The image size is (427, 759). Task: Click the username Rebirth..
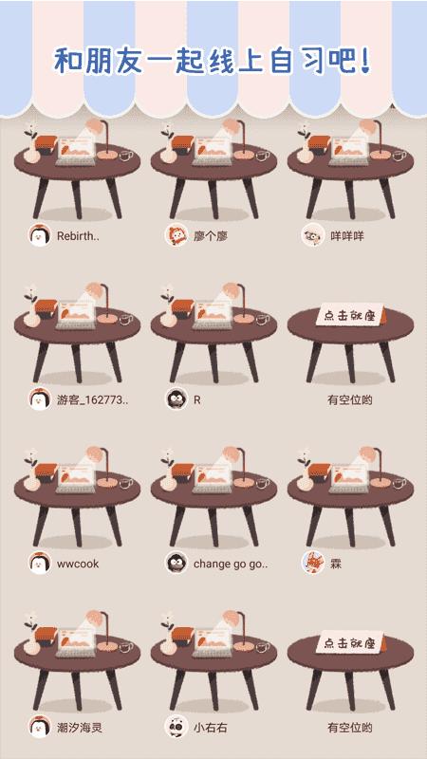pos(78,236)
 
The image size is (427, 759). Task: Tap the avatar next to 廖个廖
pos(176,235)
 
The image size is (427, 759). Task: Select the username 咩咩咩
pos(347,236)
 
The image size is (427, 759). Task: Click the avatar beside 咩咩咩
pos(313,235)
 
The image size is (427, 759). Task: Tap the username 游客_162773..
pos(93,400)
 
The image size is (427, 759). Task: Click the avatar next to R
pos(176,399)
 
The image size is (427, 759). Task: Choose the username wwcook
pos(78,564)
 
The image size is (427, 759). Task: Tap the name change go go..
pos(231,564)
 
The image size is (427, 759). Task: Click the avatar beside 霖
pos(313,563)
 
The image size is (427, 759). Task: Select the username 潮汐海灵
pos(80,728)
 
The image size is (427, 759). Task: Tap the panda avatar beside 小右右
pos(176,727)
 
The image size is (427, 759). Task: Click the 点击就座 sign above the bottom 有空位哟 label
pos(350,642)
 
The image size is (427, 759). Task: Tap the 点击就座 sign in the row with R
pos(350,315)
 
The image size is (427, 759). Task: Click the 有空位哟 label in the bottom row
pos(350,728)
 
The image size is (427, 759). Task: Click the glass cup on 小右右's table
pos(263,647)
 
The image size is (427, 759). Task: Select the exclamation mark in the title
pos(365,60)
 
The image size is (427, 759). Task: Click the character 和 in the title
pos(67,60)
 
